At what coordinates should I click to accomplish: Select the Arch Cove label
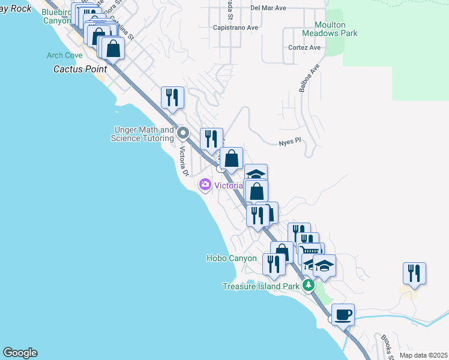coord(64,56)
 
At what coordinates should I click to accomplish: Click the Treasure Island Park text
coord(261,286)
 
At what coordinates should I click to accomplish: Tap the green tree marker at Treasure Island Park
coord(309,285)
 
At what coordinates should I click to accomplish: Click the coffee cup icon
coord(343,314)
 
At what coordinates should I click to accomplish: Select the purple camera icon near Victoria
coord(205,185)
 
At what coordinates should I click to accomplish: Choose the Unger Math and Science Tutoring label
coord(142,134)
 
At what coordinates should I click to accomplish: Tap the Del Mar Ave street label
coord(268,8)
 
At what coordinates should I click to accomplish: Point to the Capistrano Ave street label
coord(236,28)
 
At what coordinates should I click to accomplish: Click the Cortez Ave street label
coord(305,47)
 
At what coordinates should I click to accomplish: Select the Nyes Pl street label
coord(289,143)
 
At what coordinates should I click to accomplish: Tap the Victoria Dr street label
coord(184,162)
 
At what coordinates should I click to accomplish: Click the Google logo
coord(20,353)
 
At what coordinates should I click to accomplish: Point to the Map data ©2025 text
coord(423,355)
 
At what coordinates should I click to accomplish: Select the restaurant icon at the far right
coord(414,272)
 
